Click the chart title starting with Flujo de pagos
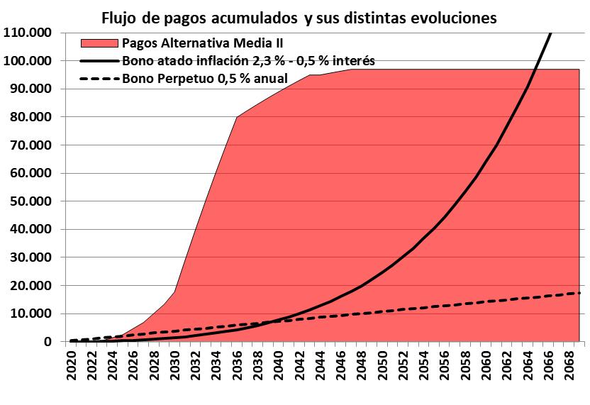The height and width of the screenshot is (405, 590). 299,16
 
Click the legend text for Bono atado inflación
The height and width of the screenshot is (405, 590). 248,61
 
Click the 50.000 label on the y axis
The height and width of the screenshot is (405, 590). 29,201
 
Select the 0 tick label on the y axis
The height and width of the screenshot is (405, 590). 48,342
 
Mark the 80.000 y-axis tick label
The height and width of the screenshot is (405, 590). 29,117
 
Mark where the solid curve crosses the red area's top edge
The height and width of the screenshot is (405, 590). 536,69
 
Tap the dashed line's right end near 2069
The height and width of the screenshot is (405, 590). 579,293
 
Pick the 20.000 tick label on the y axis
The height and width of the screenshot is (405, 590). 29,286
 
